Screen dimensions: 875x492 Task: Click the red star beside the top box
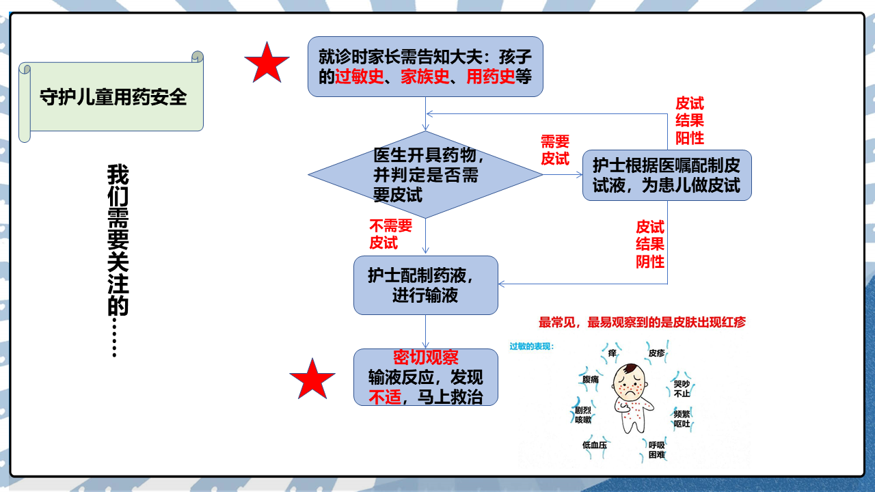tap(267, 64)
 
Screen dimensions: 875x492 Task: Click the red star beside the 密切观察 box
tap(312, 379)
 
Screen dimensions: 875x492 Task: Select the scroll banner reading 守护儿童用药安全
tap(111, 96)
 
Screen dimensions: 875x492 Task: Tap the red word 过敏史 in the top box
tap(360, 77)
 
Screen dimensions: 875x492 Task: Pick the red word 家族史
tap(425, 77)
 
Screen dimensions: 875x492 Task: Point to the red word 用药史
tap(491, 77)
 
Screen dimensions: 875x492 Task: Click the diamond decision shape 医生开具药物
tap(425, 174)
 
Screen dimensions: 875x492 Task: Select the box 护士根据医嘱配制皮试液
tap(667, 176)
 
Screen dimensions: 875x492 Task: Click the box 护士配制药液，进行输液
tap(425, 285)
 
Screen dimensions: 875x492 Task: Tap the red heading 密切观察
tap(425, 357)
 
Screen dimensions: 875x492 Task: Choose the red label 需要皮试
tap(555, 150)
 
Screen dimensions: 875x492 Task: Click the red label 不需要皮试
tap(390, 234)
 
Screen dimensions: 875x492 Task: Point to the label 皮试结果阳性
tap(690, 121)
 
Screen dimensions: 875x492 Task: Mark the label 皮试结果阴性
tap(650, 244)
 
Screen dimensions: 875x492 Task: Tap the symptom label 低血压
tap(595, 445)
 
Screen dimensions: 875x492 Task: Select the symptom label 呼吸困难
tap(657, 450)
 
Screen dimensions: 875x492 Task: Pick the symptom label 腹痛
tap(590, 379)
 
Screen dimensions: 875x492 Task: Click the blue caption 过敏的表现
tap(532, 346)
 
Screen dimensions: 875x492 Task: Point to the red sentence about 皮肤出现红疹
tap(642, 322)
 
